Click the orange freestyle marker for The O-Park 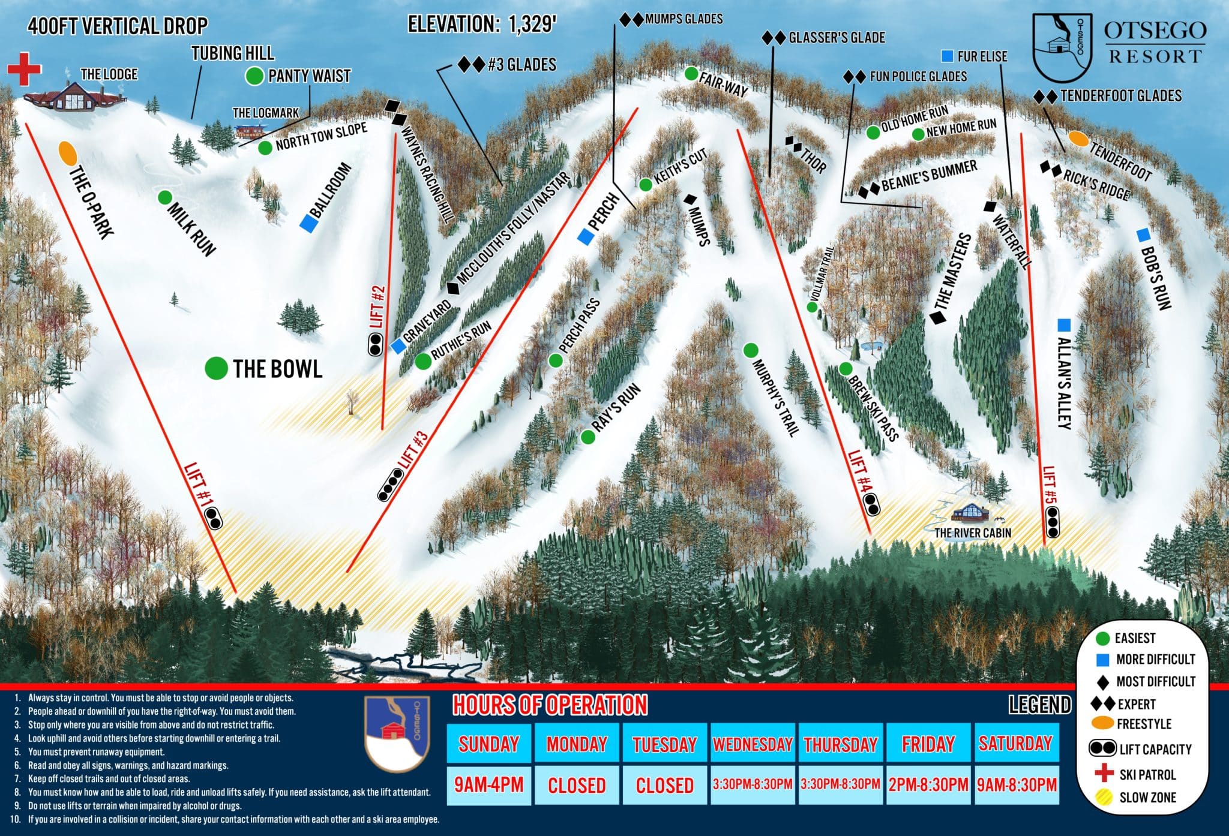coord(68,153)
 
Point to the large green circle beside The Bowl coord(216,368)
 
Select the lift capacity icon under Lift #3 coord(390,485)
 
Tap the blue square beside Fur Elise coord(948,56)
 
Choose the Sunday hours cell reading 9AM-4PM coord(488,784)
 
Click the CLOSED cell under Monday coord(577,784)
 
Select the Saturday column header coord(1015,744)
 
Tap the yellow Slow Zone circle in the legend coord(1102,798)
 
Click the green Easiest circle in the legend coord(1102,638)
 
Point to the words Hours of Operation coord(550,705)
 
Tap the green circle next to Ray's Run coord(588,437)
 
